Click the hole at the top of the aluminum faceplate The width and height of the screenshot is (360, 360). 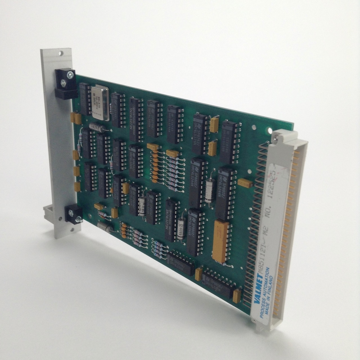point(60,53)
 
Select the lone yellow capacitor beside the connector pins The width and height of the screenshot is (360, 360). point(246,183)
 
